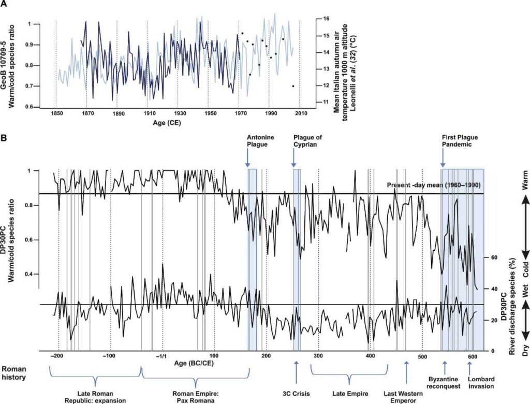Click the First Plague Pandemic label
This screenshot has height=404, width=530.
(459, 141)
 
